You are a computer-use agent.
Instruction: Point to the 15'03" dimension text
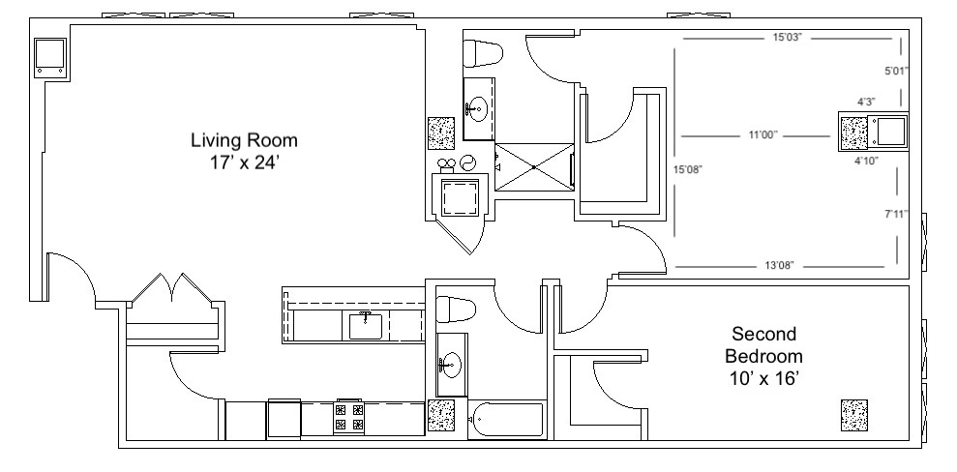point(787,38)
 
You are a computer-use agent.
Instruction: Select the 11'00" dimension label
point(763,134)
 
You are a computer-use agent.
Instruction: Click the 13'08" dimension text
point(779,266)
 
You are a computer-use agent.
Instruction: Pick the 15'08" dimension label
point(688,170)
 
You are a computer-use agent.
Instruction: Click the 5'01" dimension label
point(897,71)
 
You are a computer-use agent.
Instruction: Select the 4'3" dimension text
point(866,102)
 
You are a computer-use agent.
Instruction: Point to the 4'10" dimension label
point(866,161)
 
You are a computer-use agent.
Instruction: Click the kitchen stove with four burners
point(349,417)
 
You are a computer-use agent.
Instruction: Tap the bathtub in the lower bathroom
point(507,419)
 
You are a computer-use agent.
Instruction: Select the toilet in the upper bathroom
point(483,53)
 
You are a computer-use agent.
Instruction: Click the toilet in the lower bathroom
point(456,310)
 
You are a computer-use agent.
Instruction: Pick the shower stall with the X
point(534,166)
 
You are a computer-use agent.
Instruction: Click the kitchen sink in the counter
point(366,326)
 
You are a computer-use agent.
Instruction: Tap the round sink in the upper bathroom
point(477,109)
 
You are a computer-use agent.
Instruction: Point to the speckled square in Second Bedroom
point(854,415)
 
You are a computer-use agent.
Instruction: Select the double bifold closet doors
point(173,288)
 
